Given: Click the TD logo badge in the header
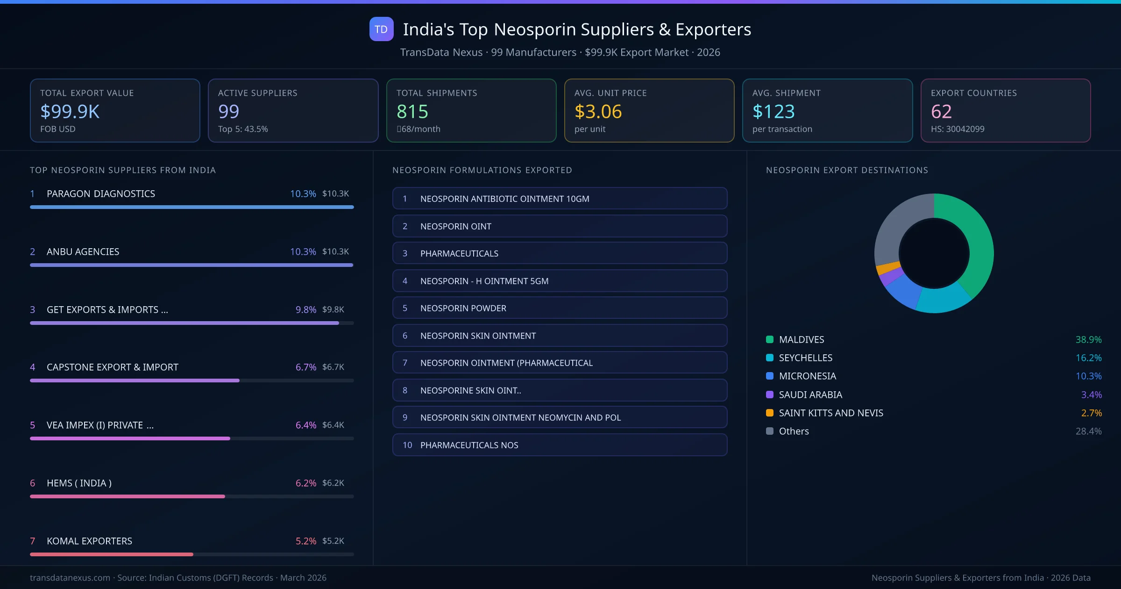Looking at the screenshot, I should coord(381,29).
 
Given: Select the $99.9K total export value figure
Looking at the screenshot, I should coord(70,111).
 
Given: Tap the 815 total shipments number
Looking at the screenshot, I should coord(412,111).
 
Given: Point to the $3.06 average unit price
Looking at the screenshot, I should coord(598,111).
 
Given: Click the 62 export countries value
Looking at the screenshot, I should coord(941,111).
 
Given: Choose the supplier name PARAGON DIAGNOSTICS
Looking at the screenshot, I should coord(101,194).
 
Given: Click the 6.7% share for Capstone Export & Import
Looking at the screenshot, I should coord(305,367).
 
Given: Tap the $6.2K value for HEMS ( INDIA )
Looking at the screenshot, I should coord(333,483).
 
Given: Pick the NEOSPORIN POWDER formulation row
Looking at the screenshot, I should coord(560,308).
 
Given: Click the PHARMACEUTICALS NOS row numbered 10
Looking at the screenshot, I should coord(560,445).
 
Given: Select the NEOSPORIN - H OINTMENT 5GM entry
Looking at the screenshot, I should coord(560,281).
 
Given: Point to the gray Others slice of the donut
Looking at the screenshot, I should coord(897,224).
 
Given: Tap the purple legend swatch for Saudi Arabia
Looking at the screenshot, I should coord(770,395).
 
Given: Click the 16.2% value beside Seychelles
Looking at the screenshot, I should coord(1088,358).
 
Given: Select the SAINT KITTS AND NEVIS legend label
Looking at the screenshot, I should coord(831,413).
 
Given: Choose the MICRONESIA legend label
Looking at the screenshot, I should coord(808,376).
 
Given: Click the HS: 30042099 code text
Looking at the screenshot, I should coord(958,129).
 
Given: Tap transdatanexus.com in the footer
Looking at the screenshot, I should coord(70,578).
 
